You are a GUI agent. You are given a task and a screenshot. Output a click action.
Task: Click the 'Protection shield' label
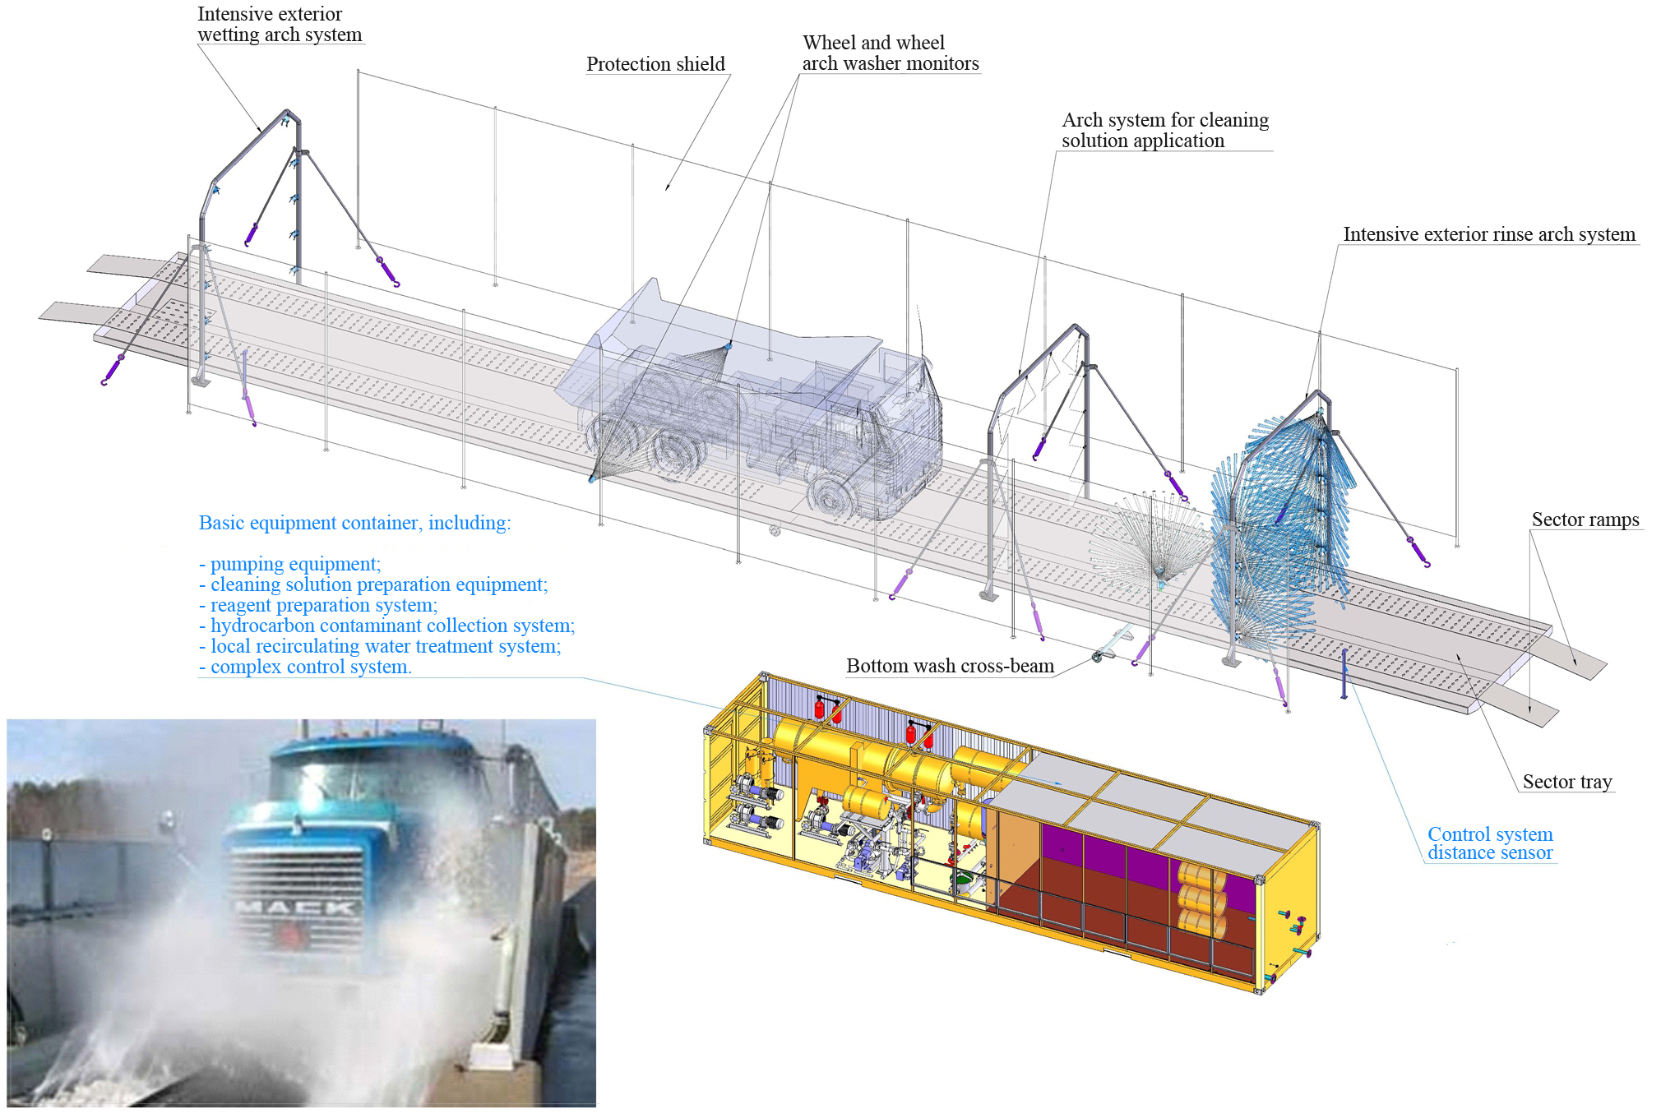coord(655,64)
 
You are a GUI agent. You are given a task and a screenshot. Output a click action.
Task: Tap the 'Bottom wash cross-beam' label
coord(950,666)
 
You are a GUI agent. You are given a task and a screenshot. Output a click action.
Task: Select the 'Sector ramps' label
coord(1585,520)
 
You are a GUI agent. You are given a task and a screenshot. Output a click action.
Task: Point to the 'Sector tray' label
coord(1567,782)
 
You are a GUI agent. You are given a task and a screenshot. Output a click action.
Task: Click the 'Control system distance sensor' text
coord(1490,843)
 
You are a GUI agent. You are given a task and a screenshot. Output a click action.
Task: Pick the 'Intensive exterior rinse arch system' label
coord(1489,234)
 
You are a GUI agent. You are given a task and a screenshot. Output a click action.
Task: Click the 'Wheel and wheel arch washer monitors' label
coord(891,53)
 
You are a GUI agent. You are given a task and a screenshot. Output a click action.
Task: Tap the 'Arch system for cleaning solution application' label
coord(1165,130)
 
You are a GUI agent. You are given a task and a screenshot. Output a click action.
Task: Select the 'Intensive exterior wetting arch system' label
coord(280,24)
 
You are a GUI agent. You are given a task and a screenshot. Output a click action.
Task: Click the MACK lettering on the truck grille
coord(295,907)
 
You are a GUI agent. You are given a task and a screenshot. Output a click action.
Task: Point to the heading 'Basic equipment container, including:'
coord(354,523)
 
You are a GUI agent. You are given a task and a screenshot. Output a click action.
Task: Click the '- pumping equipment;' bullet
coord(289,564)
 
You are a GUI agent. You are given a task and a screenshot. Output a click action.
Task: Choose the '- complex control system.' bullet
coord(305,667)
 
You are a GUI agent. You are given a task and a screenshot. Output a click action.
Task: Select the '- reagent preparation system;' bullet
coord(318,605)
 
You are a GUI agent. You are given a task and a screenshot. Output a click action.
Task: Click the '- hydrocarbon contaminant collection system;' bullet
coord(386,626)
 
